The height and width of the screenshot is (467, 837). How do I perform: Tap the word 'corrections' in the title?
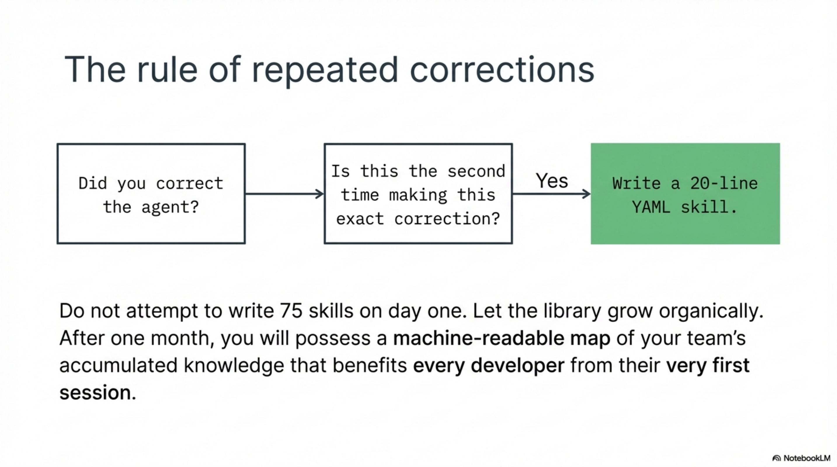(502, 70)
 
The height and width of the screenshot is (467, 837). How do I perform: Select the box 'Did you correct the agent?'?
(151, 194)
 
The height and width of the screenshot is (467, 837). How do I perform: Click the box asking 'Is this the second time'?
(418, 194)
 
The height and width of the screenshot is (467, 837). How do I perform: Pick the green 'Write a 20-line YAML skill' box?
(685, 194)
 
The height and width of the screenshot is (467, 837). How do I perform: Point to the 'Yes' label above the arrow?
(552, 181)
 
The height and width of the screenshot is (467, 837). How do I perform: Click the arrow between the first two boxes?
(284, 194)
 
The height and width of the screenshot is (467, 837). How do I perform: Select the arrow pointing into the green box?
(551, 194)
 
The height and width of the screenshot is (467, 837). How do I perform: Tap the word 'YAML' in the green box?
(651, 207)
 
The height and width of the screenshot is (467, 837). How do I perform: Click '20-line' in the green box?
(724, 184)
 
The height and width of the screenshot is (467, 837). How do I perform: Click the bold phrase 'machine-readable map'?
(501, 338)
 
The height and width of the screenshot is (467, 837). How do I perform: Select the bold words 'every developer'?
(489, 365)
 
